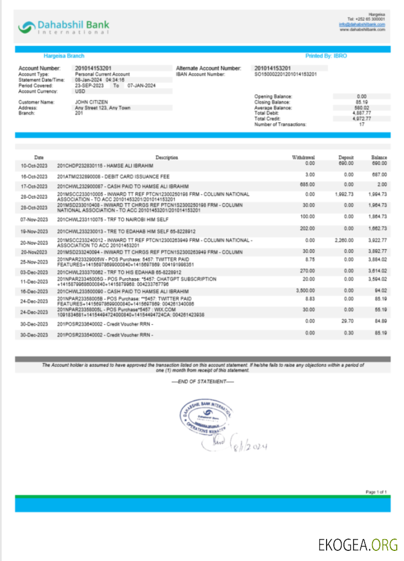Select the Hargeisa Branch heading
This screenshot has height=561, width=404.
[x=64, y=56]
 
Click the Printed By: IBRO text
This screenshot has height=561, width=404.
[x=326, y=56]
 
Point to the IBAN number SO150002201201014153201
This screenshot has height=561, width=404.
[x=286, y=74]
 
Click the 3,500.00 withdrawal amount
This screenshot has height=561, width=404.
[x=305, y=291]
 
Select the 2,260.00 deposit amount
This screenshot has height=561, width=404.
[x=343, y=240]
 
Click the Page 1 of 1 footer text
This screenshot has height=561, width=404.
[x=376, y=492]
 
